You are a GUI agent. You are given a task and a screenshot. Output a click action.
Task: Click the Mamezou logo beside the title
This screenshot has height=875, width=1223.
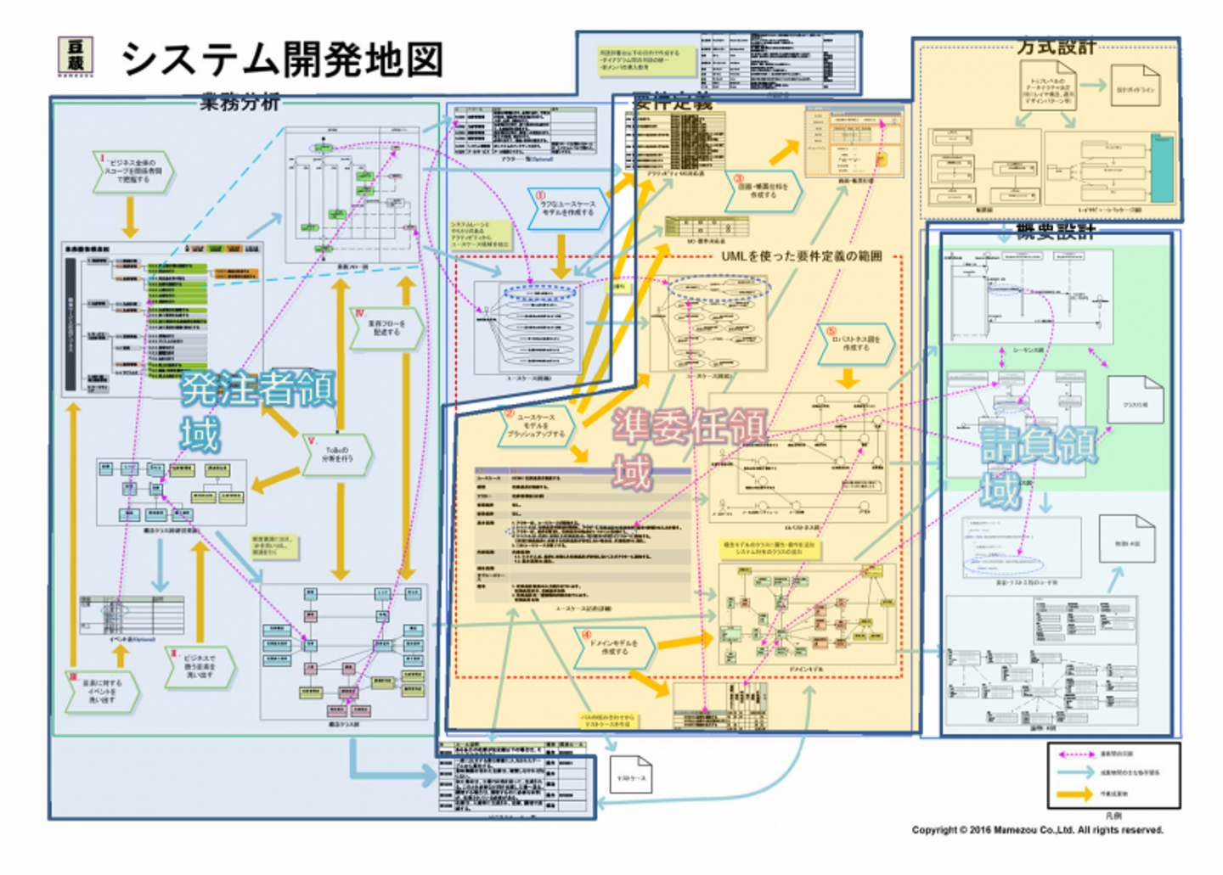click(75, 55)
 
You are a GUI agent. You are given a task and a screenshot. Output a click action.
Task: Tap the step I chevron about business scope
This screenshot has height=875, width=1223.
click(132, 172)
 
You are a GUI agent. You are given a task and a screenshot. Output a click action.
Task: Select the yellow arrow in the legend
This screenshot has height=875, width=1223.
click(1074, 794)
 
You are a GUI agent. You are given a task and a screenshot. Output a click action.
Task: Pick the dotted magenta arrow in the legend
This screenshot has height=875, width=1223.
click(1074, 754)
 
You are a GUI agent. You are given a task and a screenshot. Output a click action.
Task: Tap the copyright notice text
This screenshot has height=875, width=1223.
click(1037, 829)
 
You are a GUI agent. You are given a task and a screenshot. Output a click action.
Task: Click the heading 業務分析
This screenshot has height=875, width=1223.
click(240, 103)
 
